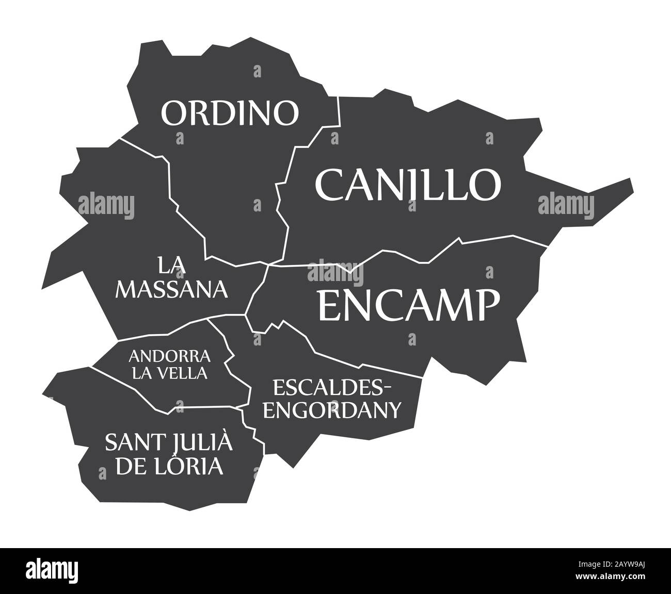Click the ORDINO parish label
pos(230,113)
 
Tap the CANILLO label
pos(408,184)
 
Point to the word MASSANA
pos(172,290)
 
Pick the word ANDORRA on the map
pos(170,356)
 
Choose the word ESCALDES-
pos(333,386)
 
